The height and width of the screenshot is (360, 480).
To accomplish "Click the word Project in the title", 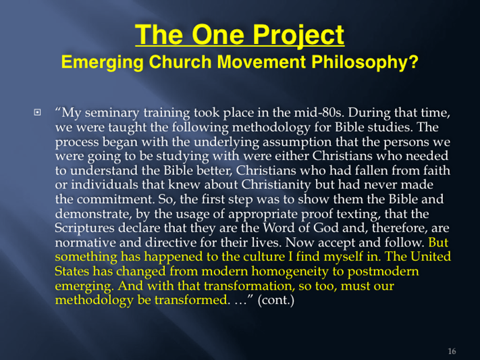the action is point(298,35).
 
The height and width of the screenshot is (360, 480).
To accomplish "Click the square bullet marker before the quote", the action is point(37,112).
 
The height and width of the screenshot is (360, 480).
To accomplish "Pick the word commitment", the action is point(115,199).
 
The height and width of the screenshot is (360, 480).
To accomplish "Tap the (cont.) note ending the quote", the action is point(276,300).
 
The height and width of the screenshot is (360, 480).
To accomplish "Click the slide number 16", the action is point(452,351).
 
